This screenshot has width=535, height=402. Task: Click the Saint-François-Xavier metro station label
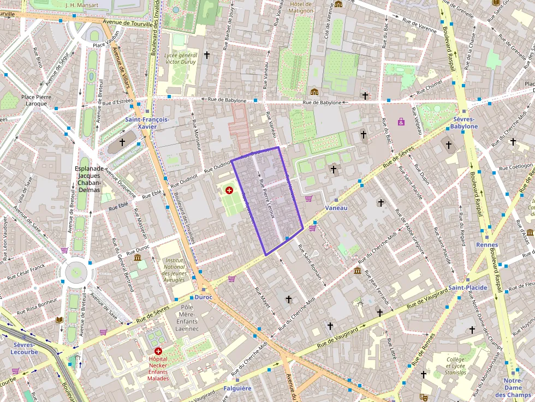pyautogui.click(x=147, y=123)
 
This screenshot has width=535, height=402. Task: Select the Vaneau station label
pyautogui.click(x=336, y=208)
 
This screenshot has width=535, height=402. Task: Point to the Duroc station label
pyautogui.click(x=203, y=298)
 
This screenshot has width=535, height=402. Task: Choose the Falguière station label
pyautogui.click(x=237, y=388)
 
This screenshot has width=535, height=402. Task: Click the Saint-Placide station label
pyautogui.click(x=468, y=287)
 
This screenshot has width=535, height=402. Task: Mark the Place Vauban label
pyautogui.click(x=105, y=46)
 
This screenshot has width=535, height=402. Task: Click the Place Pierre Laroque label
pyautogui.click(x=36, y=100)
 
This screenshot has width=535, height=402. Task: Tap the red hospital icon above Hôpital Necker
pyautogui.click(x=158, y=351)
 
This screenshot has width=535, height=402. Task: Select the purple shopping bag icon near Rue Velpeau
pyautogui.click(x=401, y=122)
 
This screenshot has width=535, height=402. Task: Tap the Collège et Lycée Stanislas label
pyautogui.click(x=456, y=366)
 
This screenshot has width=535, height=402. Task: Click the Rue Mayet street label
pyautogui.click(x=263, y=301)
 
